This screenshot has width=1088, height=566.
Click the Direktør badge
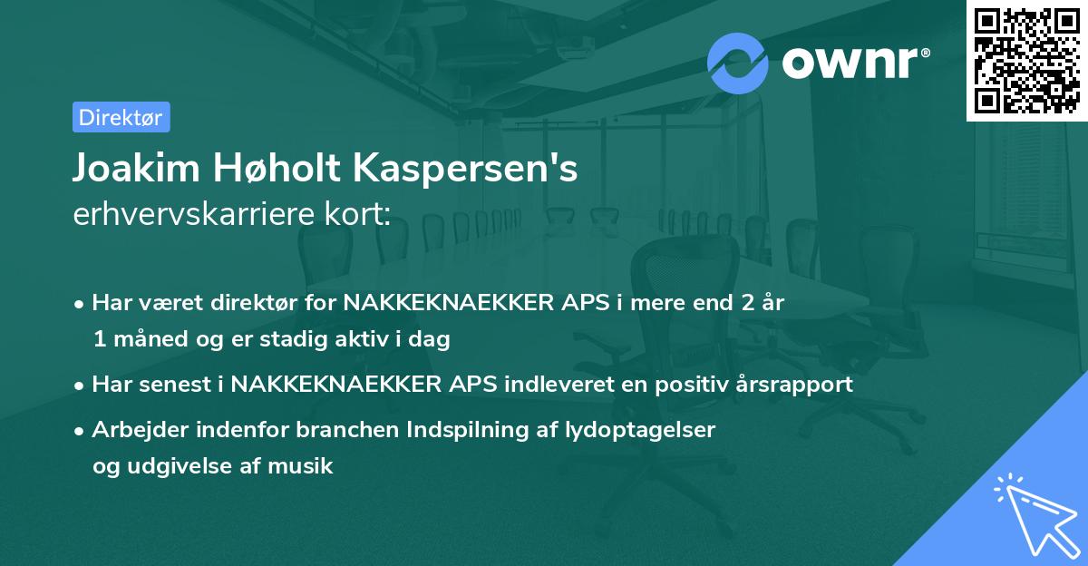pos(121,117)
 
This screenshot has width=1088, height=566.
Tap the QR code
pos(1026,60)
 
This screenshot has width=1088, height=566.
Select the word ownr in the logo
pos(853,63)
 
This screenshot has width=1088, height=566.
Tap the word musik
pos(305,466)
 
